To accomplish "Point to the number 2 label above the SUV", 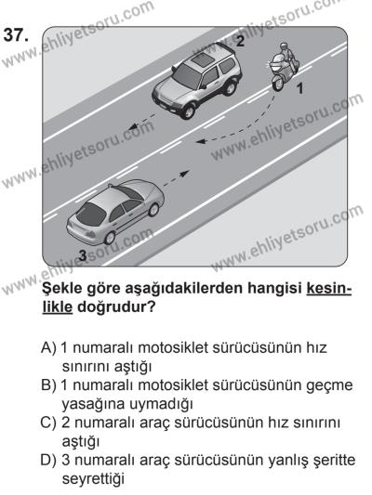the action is [x=239, y=40].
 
